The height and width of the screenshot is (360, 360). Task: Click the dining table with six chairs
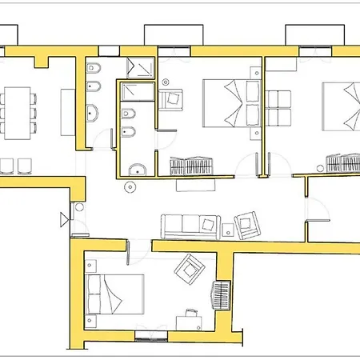pos(18,111)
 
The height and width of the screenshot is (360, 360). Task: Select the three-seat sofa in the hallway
pos(190,225)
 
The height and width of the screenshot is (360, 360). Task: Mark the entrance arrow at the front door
pos(63,218)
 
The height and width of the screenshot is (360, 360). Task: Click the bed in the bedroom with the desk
pos(117,294)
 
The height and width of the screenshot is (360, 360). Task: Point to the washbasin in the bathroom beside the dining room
pos(92,112)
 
